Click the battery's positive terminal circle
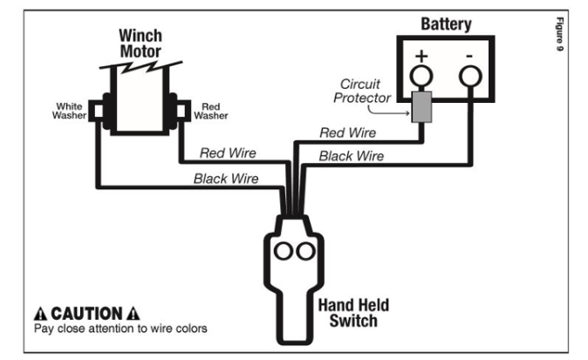421,76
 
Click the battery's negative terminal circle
470,76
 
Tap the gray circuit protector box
421,106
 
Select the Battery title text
446,24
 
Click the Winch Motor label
140,44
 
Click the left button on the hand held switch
284,251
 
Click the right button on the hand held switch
305,251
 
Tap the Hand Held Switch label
353,313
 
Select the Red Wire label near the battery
347,132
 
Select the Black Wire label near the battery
352,156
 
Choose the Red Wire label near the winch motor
228,153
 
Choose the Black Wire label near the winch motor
226,179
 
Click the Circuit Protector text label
362,91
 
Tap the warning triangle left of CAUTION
40,314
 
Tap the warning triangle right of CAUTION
133,314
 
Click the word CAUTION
86,314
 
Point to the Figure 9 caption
559,34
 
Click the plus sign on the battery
421,57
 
